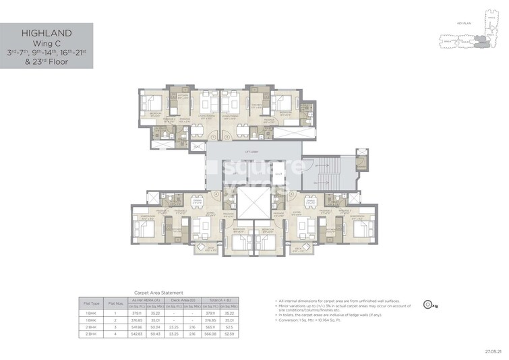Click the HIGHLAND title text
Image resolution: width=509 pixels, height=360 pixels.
(x=46, y=33)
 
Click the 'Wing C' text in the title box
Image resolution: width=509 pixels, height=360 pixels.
(x=46, y=43)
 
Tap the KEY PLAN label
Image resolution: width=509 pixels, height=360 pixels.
(x=463, y=23)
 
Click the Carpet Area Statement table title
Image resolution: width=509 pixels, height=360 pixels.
(x=160, y=293)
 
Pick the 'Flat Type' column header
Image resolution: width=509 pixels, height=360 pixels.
(x=91, y=303)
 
